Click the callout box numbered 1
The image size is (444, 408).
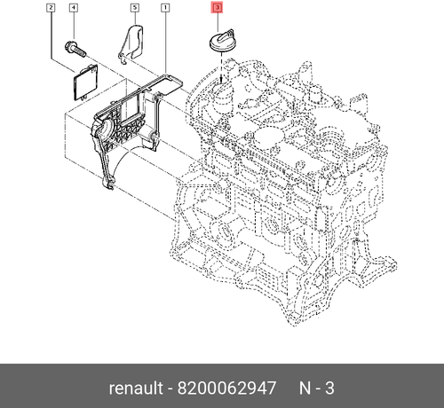(165, 9)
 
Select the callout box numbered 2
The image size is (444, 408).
(52, 9)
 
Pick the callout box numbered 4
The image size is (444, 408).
(74, 9)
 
